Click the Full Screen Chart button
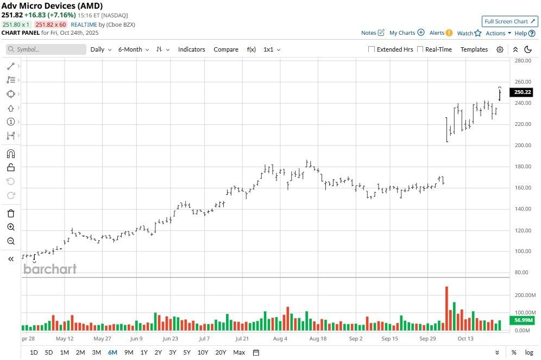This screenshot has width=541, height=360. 509,21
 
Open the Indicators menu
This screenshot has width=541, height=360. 192,49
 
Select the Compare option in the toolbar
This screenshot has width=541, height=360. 226,49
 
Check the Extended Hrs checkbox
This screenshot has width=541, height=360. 372,49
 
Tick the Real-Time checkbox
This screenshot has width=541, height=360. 419,49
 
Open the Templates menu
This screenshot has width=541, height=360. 474,49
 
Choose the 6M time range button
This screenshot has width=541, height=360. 112,352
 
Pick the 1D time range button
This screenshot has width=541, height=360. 34,352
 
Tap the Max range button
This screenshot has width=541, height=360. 239,352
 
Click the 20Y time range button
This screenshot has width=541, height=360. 221,352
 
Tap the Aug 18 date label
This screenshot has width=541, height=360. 318,338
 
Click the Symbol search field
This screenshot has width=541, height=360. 47,49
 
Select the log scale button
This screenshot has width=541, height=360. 529,352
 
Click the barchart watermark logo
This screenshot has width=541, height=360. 50,269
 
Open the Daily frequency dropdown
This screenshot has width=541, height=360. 100,49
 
